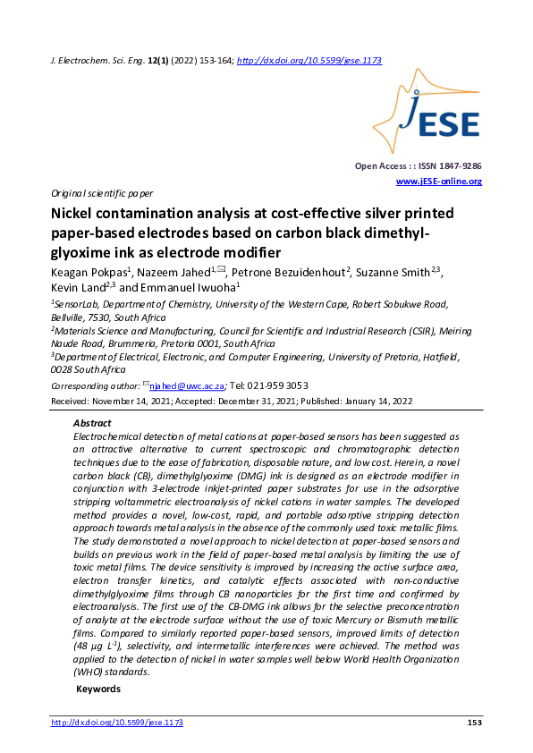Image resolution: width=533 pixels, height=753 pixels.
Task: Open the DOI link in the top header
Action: click(309, 60)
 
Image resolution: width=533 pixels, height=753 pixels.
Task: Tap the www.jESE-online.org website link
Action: click(438, 182)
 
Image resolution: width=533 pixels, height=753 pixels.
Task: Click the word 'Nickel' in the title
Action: click(72, 214)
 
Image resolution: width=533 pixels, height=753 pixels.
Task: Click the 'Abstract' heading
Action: click(92, 423)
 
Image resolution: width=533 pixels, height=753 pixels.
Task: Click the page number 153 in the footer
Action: click(474, 723)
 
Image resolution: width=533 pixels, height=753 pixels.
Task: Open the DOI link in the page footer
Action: click(116, 723)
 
